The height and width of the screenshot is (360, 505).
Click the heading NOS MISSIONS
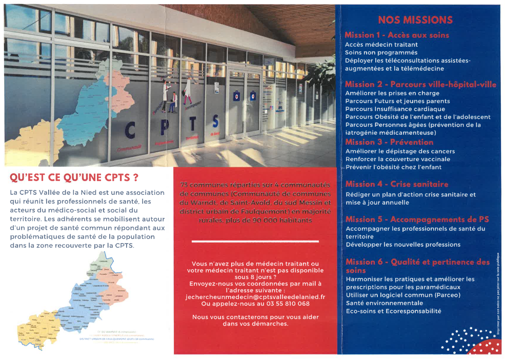click(415, 20)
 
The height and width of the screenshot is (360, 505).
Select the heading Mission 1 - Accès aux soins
click(396, 35)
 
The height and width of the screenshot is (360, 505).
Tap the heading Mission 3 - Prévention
click(389, 142)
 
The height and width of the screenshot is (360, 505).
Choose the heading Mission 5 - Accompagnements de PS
click(417, 219)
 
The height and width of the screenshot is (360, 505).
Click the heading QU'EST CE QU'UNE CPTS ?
click(74, 178)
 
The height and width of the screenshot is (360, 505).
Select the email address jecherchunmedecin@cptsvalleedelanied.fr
click(255, 297)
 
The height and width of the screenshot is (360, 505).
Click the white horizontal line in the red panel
click(255, 241)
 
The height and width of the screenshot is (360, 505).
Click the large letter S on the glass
click(215, 123)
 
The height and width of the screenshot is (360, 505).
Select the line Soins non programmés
click(374, 52)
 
